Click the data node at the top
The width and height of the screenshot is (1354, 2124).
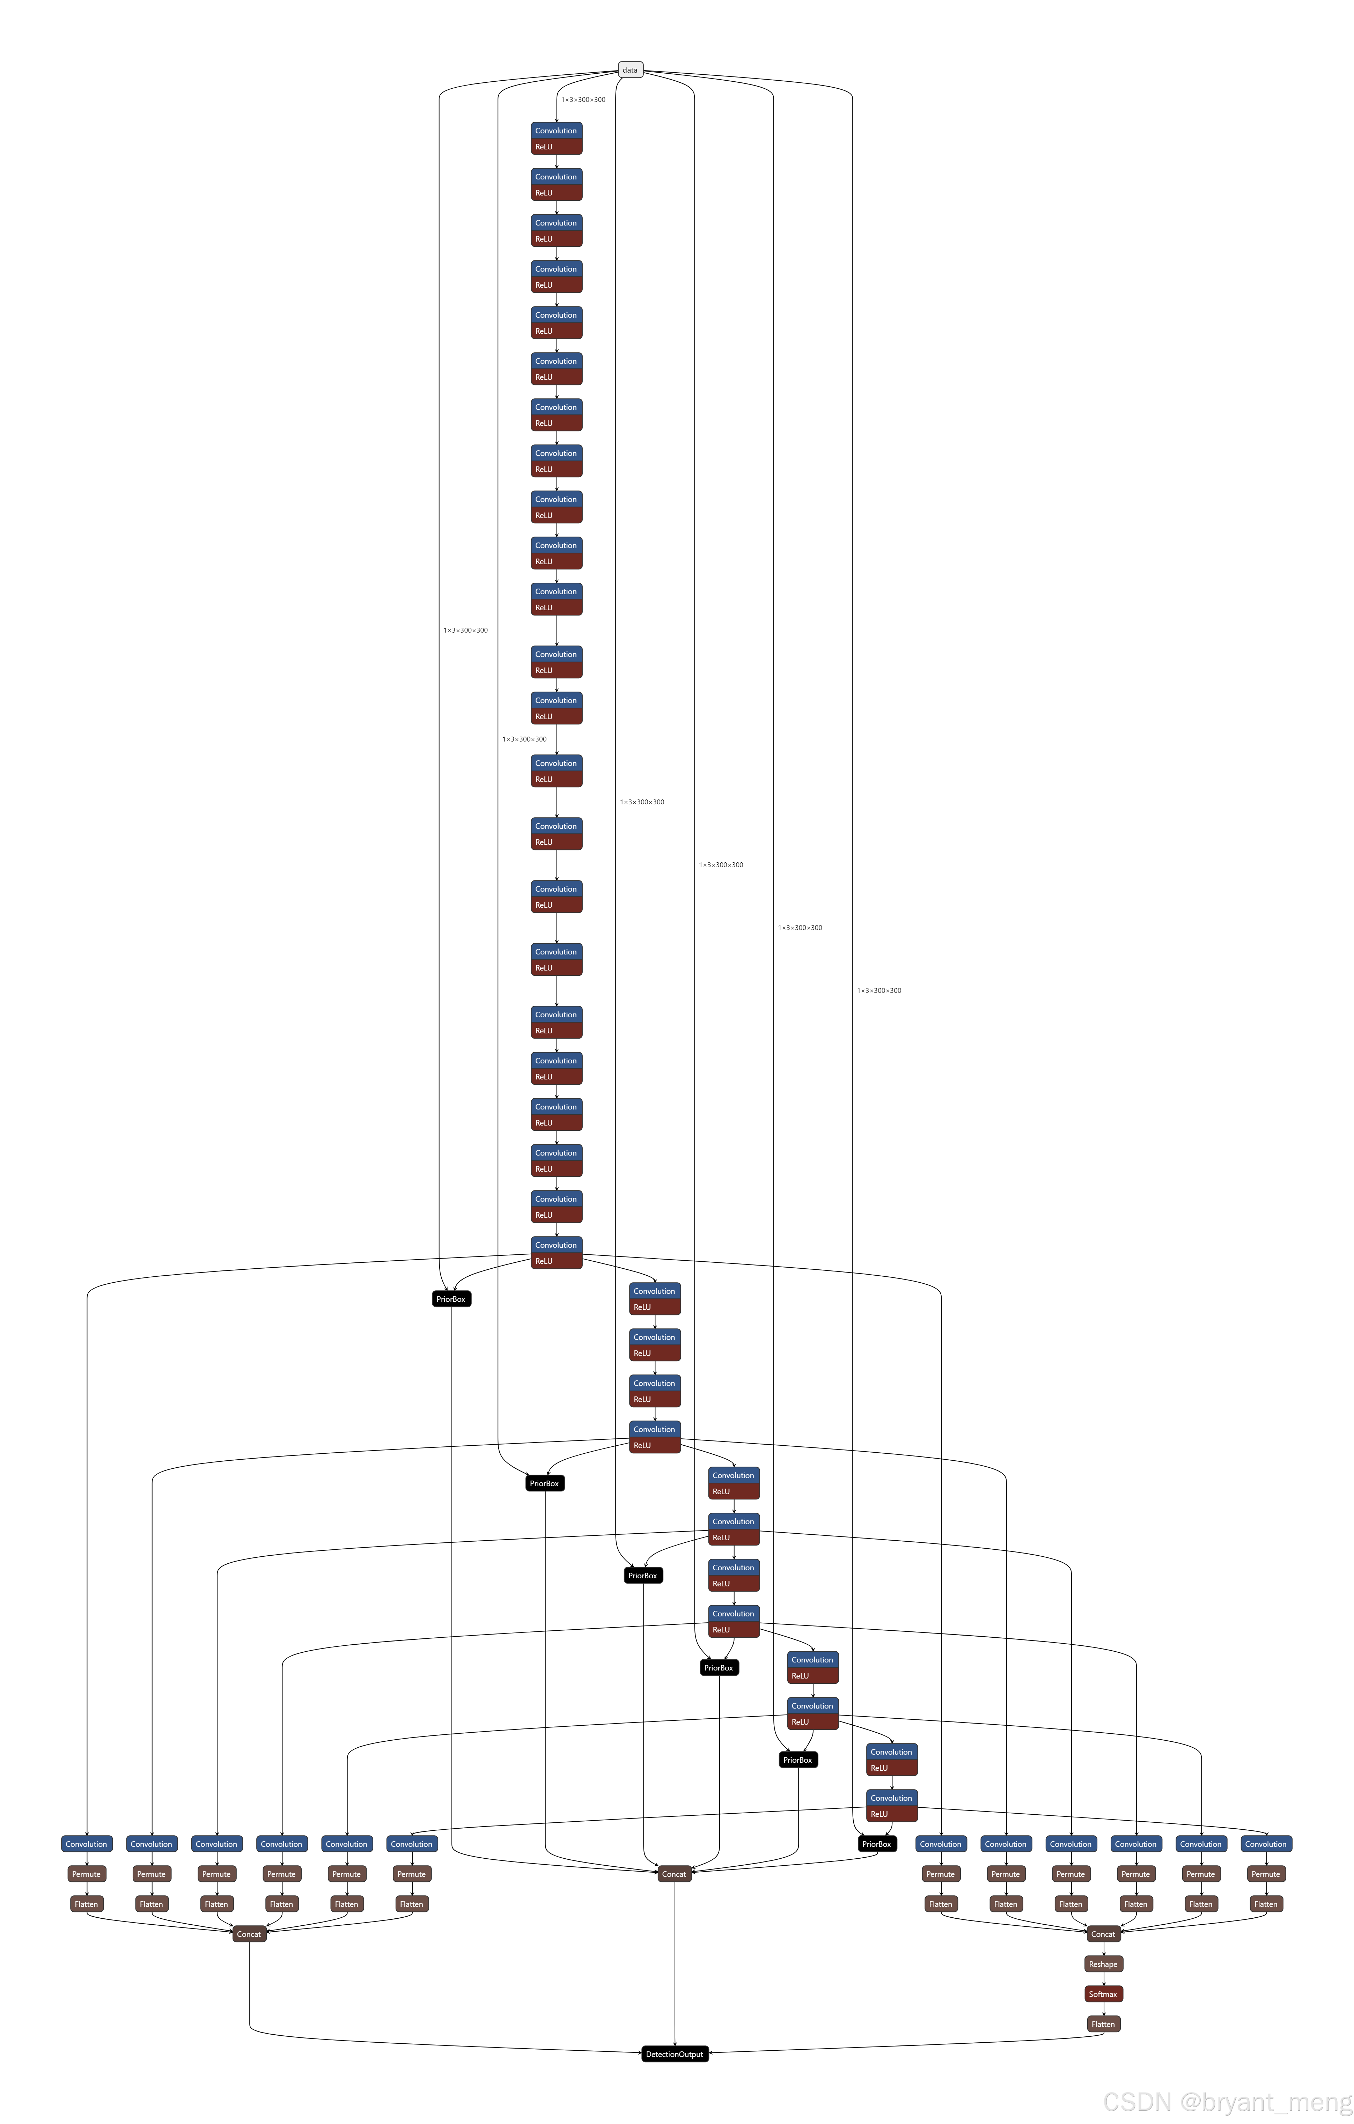pos(630,70)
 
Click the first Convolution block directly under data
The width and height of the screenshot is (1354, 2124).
pos(556,131)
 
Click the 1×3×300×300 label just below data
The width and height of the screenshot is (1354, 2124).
pos(583,100)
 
